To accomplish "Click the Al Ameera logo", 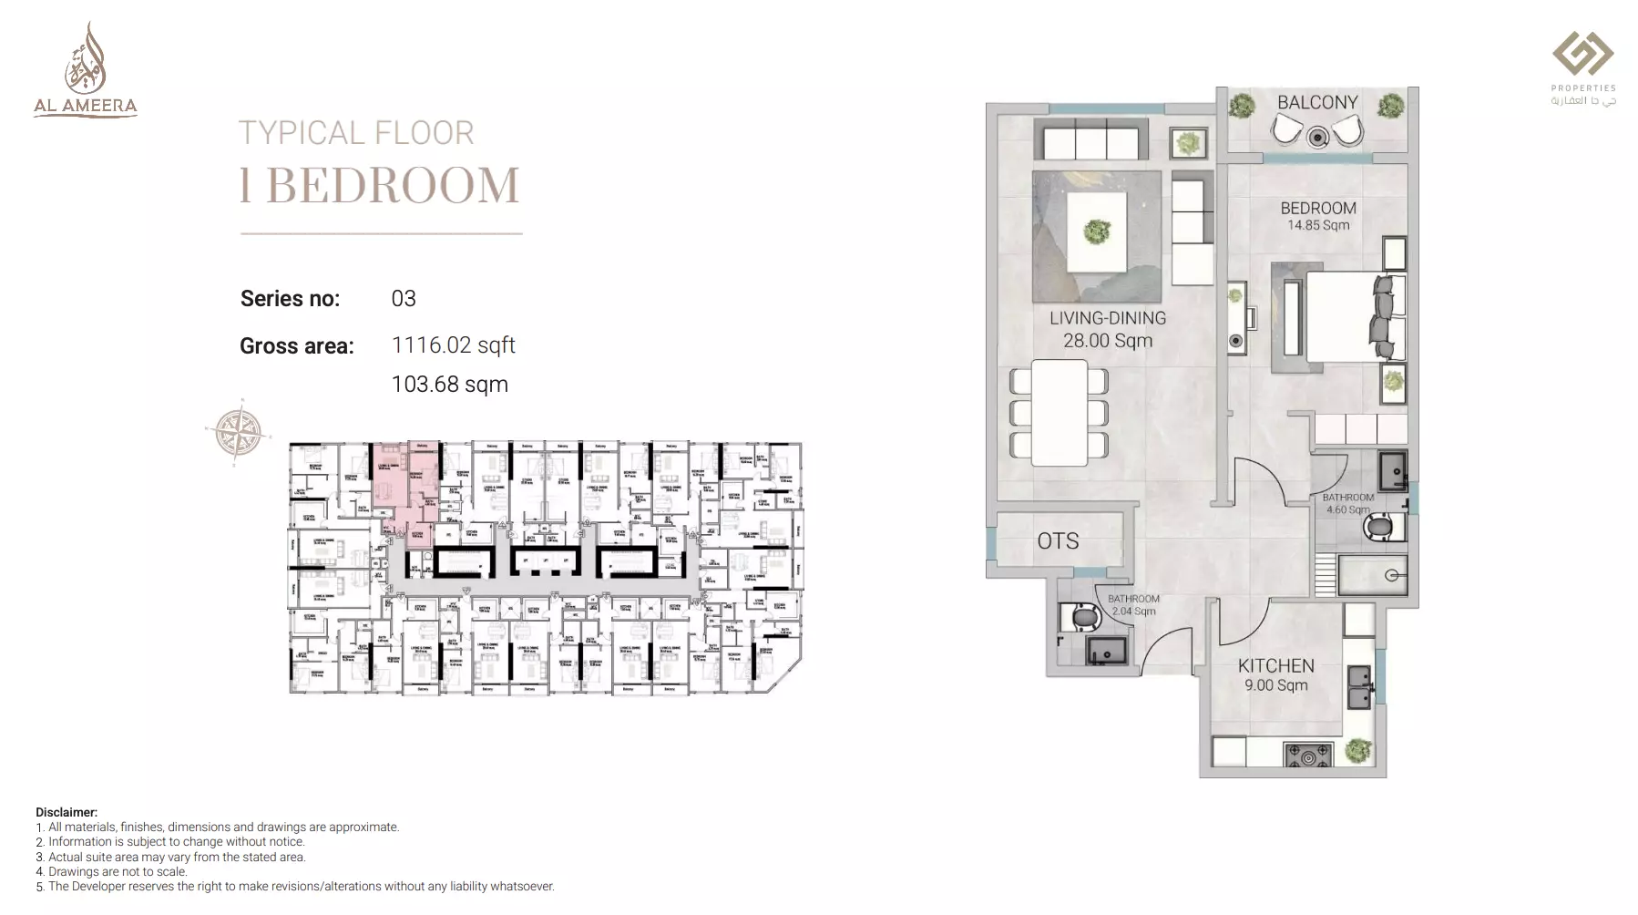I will [x=86, y=71].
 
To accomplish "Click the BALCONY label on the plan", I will [x=1317, y=102].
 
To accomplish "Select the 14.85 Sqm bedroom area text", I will [x=1318, y=225].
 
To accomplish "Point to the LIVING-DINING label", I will [x=1107, y=318].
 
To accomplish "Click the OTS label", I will [x=1058, y=541].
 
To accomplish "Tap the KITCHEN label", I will [x=1275, y=665].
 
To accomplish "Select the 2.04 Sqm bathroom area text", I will [x=1133, y=612].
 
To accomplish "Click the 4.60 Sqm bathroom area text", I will [x=1347, y=510].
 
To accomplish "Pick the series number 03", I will [x=404, y=299].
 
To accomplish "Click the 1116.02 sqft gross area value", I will [x=453, y=345].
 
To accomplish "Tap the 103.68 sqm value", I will [x=449, y=385].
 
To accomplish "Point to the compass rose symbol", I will [x=239, y=431].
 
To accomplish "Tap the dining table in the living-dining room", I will [x=1059, y=413].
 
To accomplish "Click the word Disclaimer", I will [x=67, y=812].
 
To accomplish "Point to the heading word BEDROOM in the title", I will [x=393, y=186].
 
